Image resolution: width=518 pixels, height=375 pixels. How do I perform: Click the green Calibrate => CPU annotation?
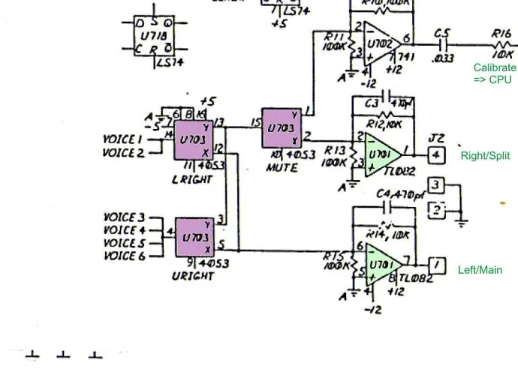[x=494, y=73]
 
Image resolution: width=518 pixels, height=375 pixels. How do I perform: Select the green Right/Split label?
[x=485, y=156]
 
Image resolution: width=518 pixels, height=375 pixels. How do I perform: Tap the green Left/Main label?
[x=480, y=270]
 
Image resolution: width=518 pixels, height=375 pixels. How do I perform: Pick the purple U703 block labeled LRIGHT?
[x=194, y=140]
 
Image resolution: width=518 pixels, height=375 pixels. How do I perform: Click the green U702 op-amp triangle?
[x=385, y=49]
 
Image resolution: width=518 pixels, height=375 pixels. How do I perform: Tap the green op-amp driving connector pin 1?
[x=384, y=267]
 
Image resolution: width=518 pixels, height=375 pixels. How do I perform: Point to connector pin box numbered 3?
[x=436, y=185]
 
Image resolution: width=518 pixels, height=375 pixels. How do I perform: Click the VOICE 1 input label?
[x=122, y=139]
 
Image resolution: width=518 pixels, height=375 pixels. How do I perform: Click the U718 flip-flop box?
[x=149, y=36]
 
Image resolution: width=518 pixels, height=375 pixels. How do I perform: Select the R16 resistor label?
[x=501, y=34]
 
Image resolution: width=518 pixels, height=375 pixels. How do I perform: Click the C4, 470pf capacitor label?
[x=401, y=194]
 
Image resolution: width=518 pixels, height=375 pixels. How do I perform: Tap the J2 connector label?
[x=436, y=139]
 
